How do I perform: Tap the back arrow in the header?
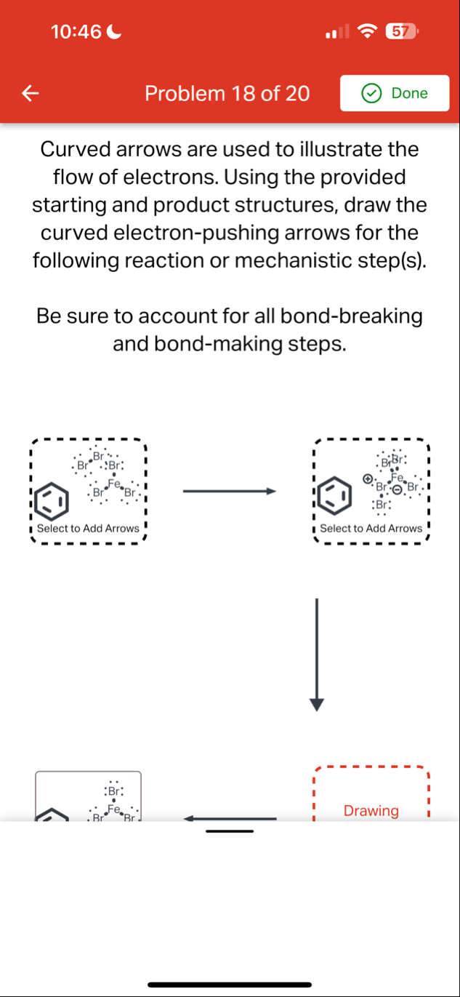[x=29, y=93]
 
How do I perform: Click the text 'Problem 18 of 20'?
[x=227, y=93]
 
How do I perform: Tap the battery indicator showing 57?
[x=398, y=31]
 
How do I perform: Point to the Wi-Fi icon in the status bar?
[x=369, y=31]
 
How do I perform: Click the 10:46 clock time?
[x=76, y=31]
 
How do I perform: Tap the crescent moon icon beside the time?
[x=114, y=31]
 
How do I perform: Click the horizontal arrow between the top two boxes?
[x=229, y=492]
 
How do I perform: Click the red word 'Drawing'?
[x=371, y=810]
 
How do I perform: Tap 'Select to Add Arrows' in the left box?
[x=88, y=529]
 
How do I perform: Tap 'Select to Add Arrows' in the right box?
[x=371, y=529]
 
